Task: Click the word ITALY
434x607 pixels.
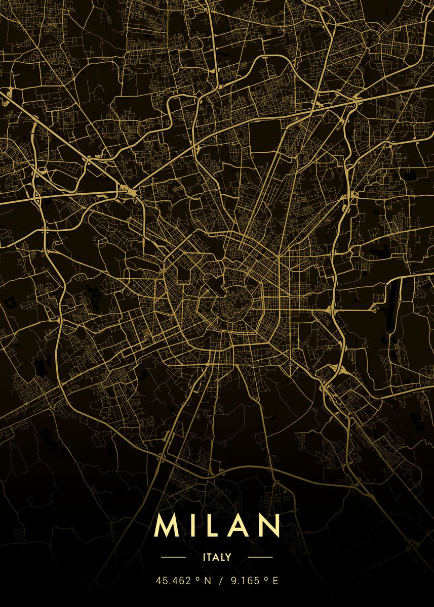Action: click(x=217, y=557)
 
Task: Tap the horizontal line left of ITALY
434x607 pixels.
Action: click(x=174, y=557)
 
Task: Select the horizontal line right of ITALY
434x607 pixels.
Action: click(x=260, y=557)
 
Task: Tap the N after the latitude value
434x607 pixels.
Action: click(x=207, y=581)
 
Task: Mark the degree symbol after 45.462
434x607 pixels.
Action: click(x=197, y=579)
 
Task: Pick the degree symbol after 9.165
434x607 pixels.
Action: click(x=267, y=579)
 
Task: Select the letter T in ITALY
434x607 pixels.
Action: click(x=208, y=557)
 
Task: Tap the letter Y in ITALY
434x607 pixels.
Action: click(x=228, y=557)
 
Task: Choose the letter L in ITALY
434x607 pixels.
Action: click(x=222, y=557)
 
